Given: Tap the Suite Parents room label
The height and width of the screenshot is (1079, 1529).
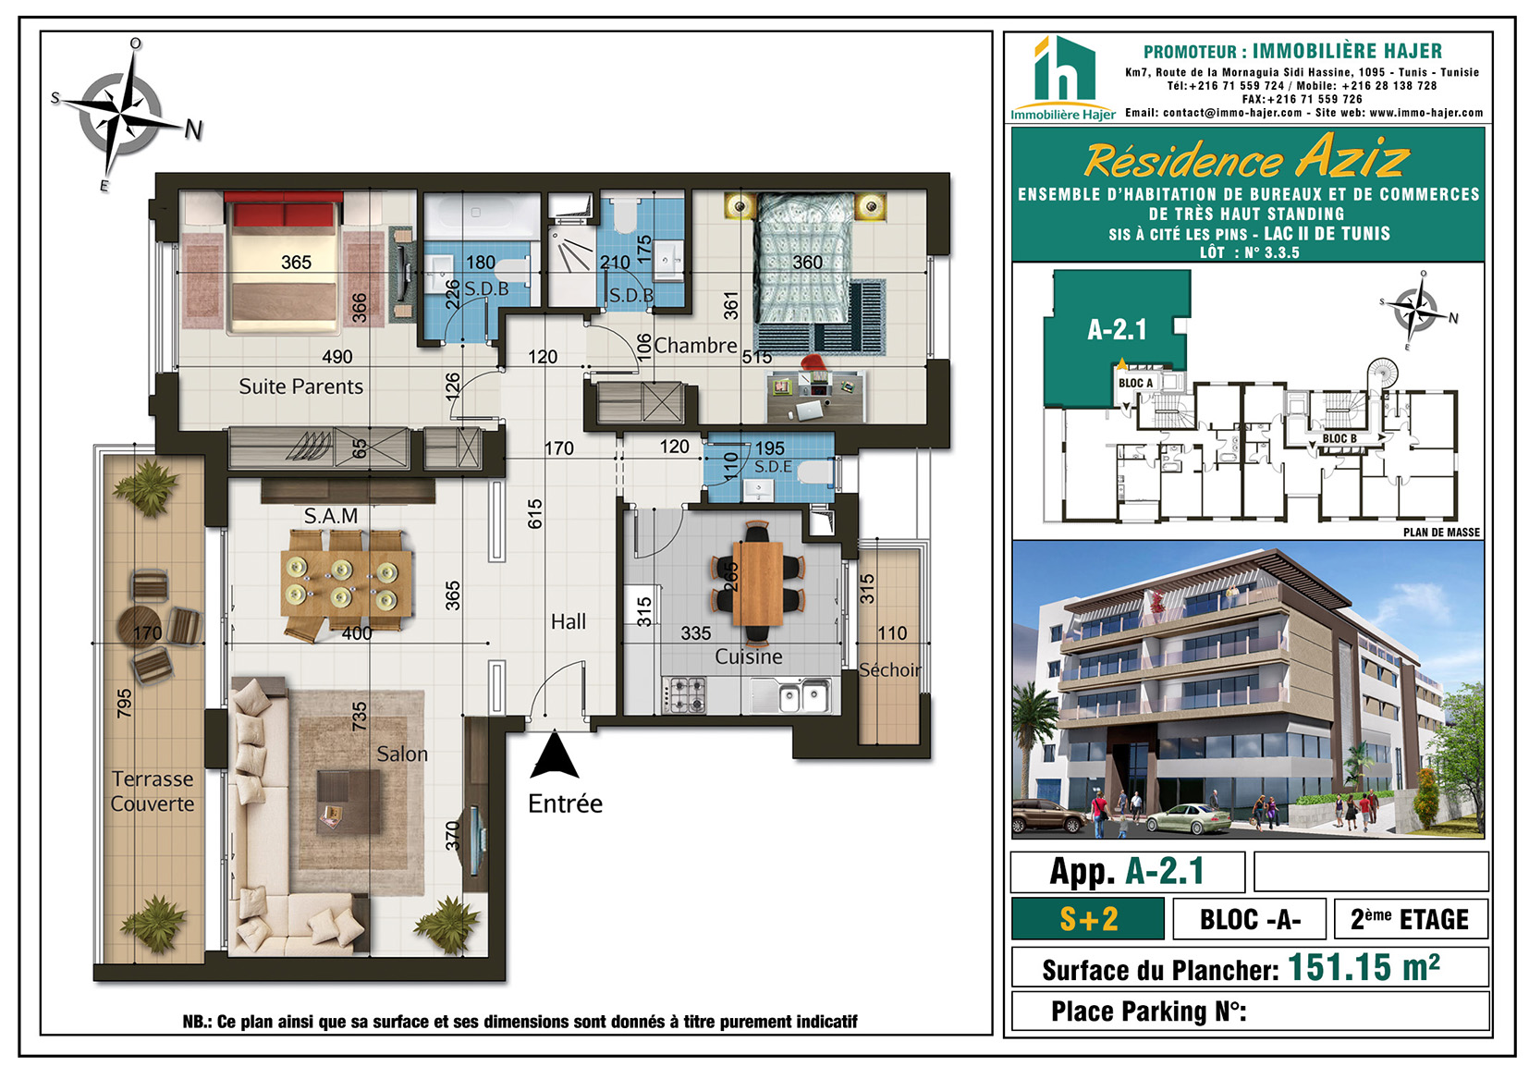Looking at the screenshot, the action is [x=301, y=386].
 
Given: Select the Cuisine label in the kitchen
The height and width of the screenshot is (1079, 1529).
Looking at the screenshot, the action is [x=748, y=656].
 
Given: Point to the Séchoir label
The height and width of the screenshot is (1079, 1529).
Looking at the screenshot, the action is [x=889, y=670].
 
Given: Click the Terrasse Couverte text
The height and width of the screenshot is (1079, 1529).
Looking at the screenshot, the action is [x=153, y=791].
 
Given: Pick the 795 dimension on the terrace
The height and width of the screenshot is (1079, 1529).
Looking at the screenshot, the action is [x=124, y=704].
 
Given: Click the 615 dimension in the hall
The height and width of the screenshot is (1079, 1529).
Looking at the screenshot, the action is [x=535, y=513].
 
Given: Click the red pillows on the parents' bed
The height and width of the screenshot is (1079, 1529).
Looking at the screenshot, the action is [x=283, y=213].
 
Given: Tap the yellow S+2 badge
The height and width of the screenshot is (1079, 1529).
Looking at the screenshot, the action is [x=1088, y=919].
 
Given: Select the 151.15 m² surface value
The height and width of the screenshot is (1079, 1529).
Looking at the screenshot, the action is [x=1364, y=967].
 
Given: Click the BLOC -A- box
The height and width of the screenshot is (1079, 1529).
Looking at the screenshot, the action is [x=1249, y=919].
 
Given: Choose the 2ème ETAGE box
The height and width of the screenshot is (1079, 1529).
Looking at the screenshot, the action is [x=1411, y=919].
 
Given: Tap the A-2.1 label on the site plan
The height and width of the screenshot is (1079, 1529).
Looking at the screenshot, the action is [x=1117, y=330].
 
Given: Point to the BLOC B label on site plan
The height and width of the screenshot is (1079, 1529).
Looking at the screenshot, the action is [x=1339, y=438].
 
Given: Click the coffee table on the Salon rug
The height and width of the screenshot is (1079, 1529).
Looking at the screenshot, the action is [x=349, y=802].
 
